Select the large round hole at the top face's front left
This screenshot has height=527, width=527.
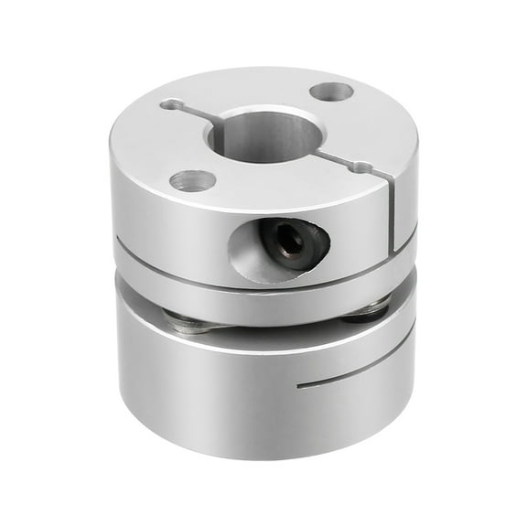[x=192, y=179]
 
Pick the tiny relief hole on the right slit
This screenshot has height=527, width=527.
[x=363, y=167]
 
